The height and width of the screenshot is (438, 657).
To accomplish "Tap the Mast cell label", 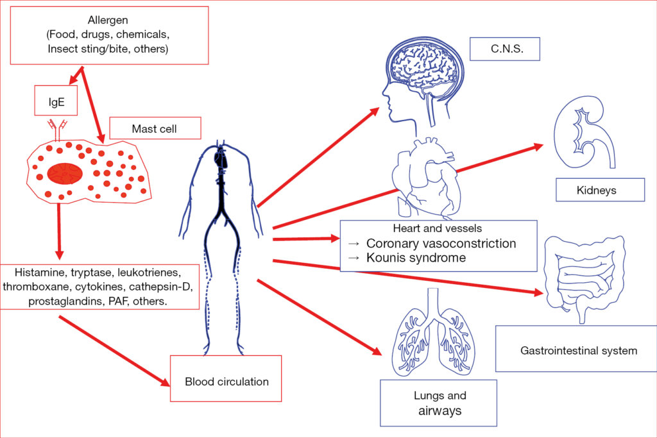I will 155,129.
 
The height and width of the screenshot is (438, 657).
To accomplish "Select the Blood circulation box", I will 226,382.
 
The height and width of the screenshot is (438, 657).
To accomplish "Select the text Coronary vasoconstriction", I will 441,244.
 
